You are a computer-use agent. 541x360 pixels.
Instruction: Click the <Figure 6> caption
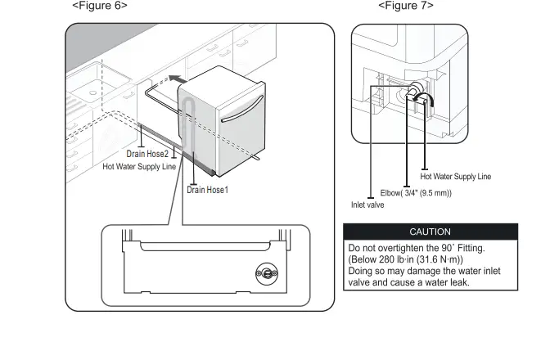(x=100, y=6)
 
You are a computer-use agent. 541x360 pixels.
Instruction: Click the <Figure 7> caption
(x=405, y=6)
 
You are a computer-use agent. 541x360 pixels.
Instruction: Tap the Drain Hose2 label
(x=147, y=154)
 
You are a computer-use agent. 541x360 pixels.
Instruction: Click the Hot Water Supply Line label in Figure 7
(x=455, y=176)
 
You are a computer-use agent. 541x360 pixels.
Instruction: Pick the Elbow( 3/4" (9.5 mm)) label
(x=416, y=193)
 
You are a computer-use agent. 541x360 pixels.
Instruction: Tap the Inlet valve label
(x=367, y=205)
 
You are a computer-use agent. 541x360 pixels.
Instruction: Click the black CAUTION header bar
(x=430, y=232)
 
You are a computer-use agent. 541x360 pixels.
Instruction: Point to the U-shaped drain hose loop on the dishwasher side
(x=189, y=123)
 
